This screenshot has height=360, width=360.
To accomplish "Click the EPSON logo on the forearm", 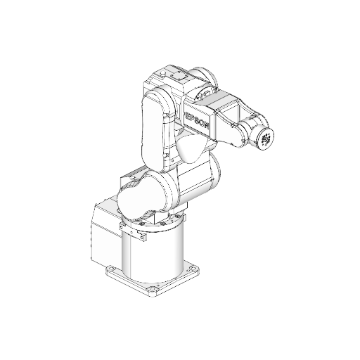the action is (x=197, y=120).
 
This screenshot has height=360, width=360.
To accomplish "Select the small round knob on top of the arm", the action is (x=162, y=73).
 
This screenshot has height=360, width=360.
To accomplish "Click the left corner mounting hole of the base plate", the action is (x=110, y=269).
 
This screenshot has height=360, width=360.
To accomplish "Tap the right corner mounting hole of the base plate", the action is (x=193, y=269).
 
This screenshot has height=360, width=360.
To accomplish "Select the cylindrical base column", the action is (x=153, y=252).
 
